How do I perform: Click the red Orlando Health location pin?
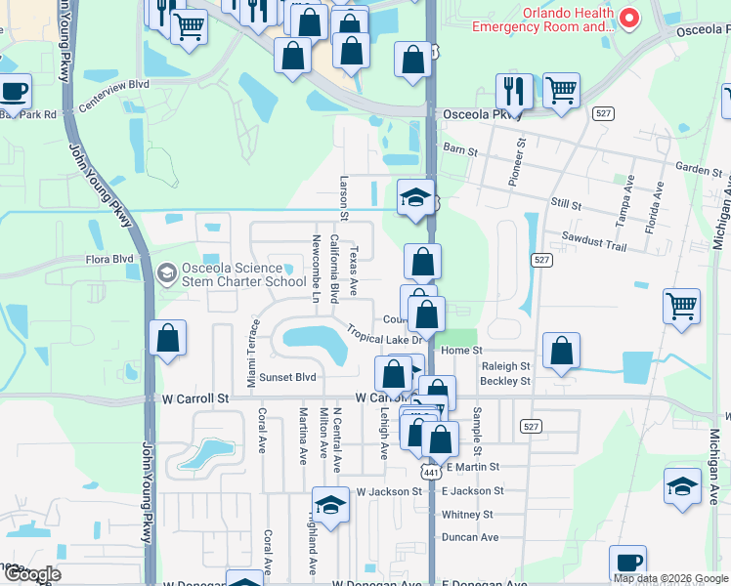pyautogui.click(x=629, y=17)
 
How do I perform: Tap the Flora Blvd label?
pyautogui.click(x=109, y=260)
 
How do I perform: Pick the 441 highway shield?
pyautogui.click(x=428, y=471)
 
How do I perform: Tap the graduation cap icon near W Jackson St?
pyautogui.click(x=331, y=505)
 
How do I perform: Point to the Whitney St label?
pyautogui.click(x=467, y=515)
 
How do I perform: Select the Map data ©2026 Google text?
pyautogui.click(x=671, y=578)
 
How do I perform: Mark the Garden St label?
pyautogui.click(x=699, y=169)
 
